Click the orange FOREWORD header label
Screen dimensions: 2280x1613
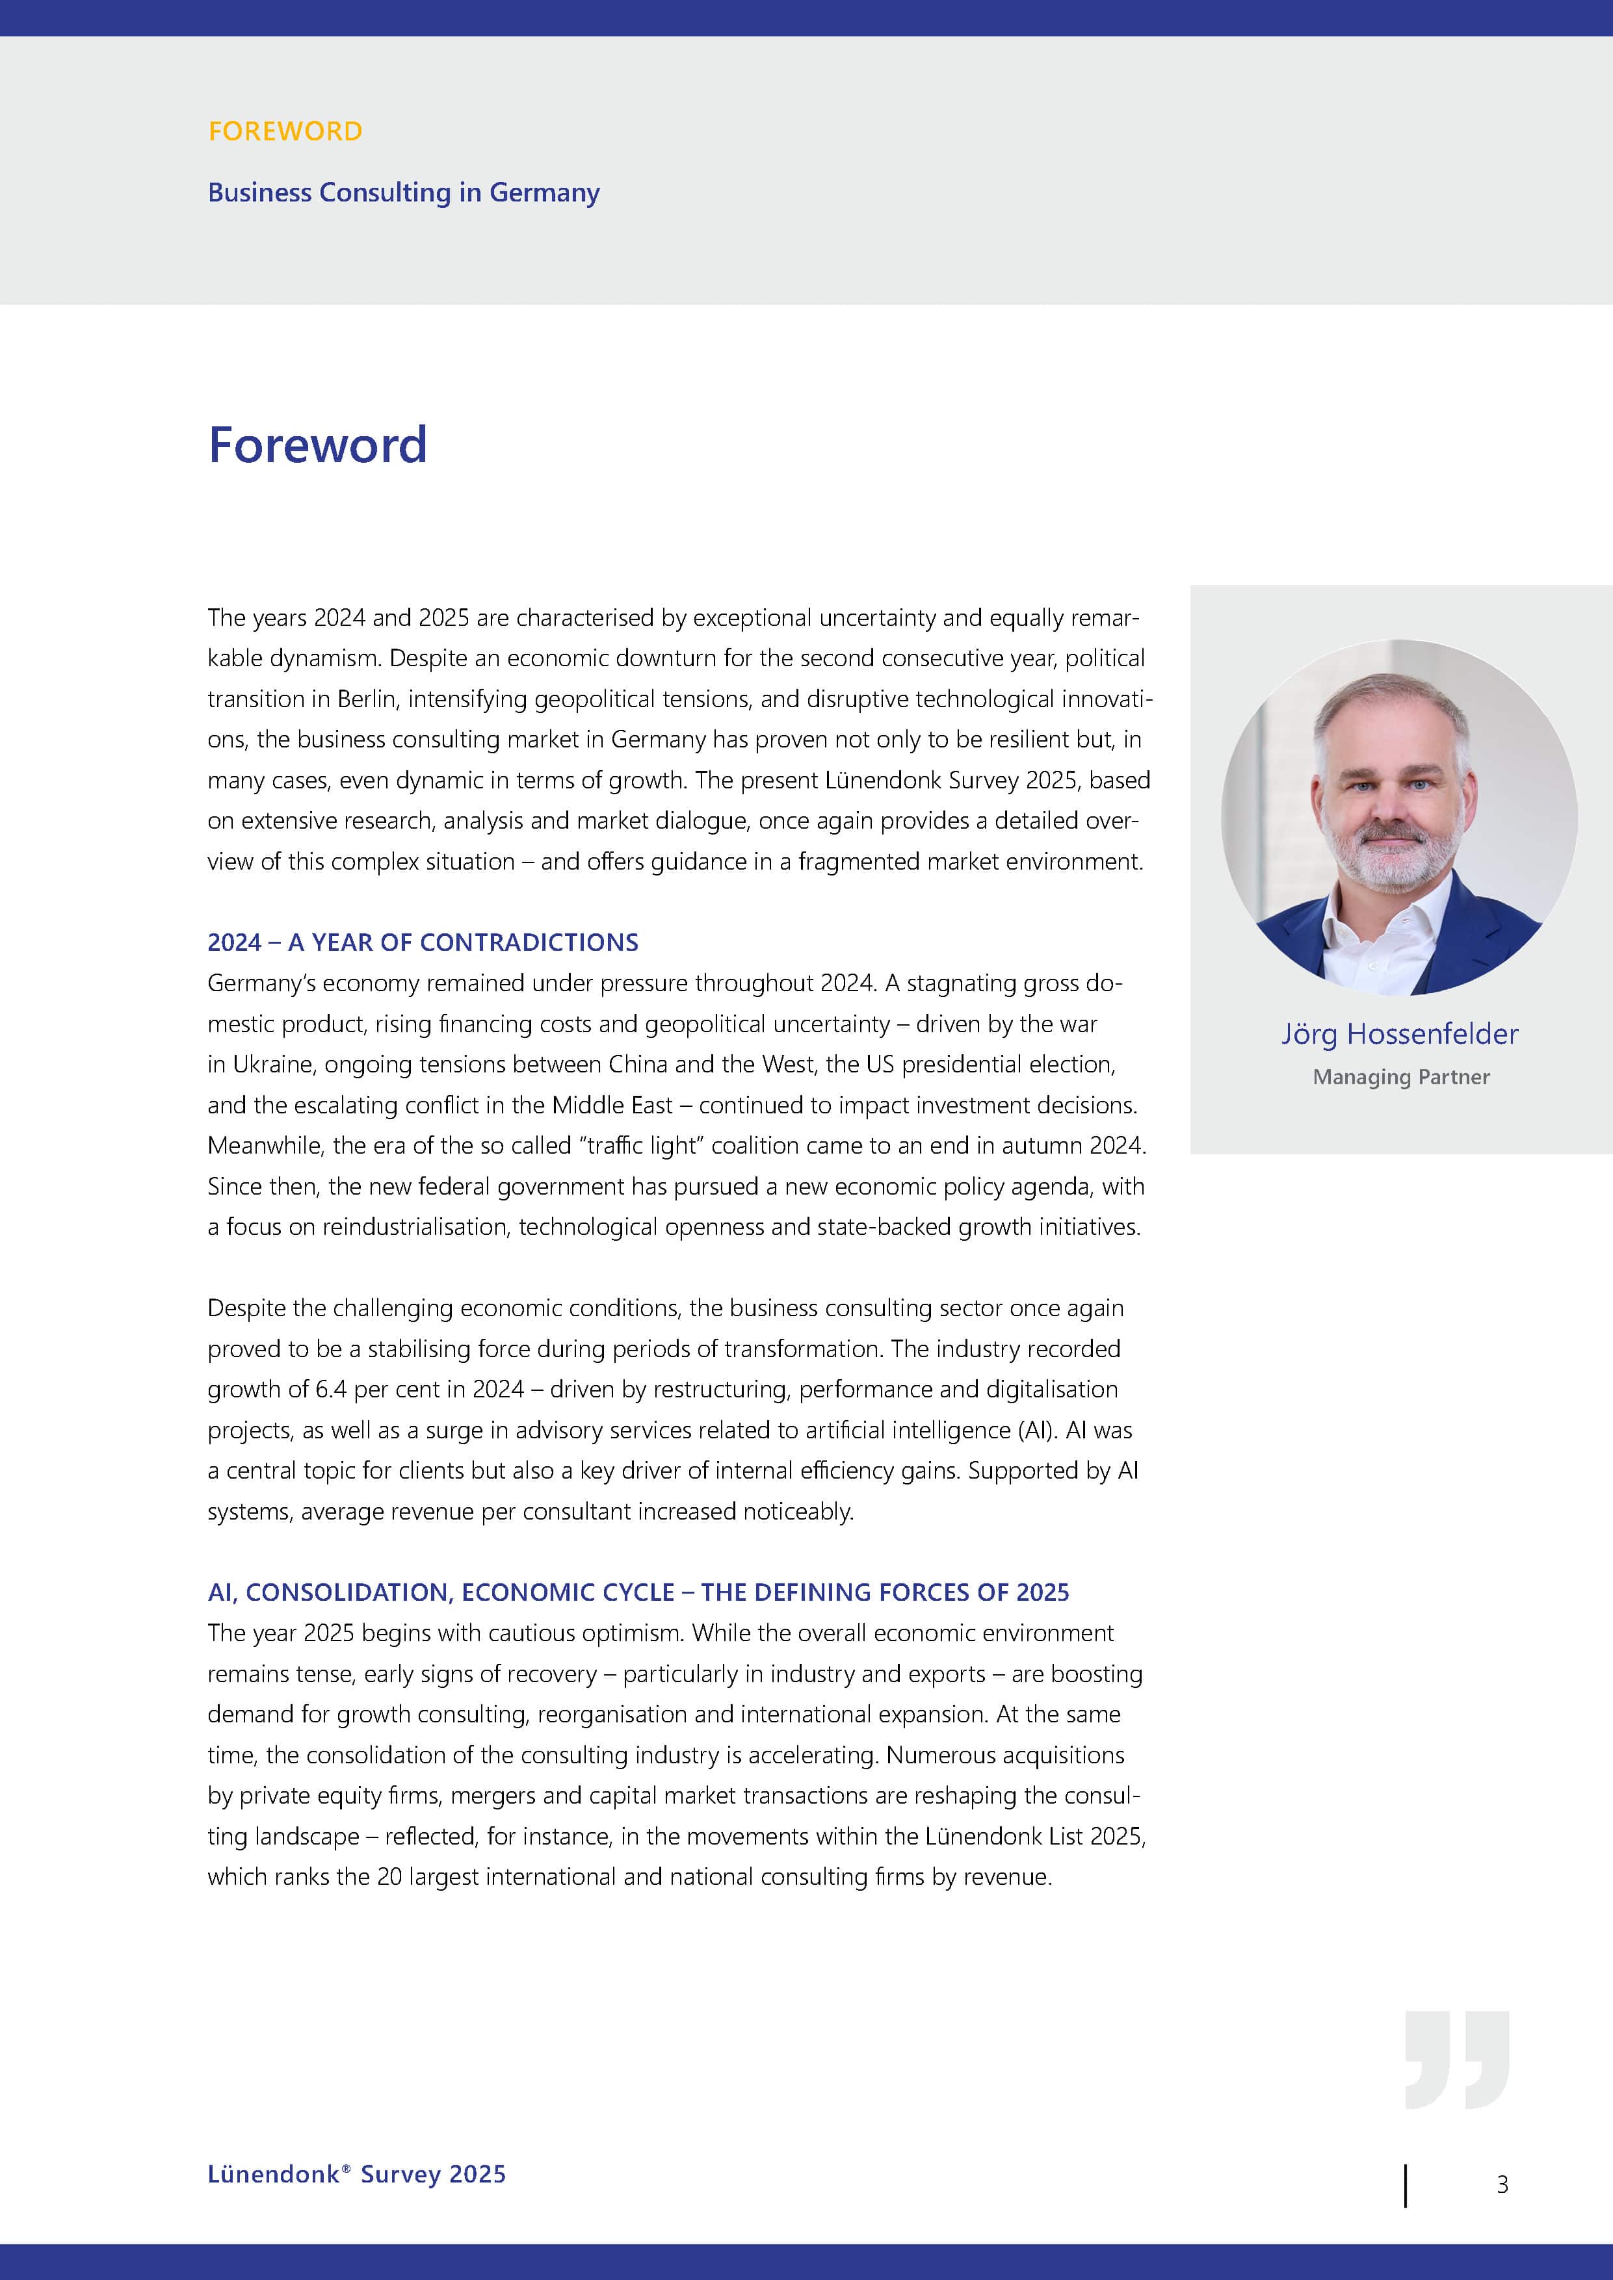pyautogui.click(x=285, y=131)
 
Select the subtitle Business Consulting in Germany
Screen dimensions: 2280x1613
pyautogui.click(x=403, y=192)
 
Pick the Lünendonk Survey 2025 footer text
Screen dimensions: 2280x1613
pyautogui.click(x=356, y=2174)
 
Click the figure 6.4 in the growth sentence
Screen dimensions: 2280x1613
pyautogui.click(x=331, y=1389)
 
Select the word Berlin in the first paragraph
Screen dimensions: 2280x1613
pyautogui.click(x=367, y=699)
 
